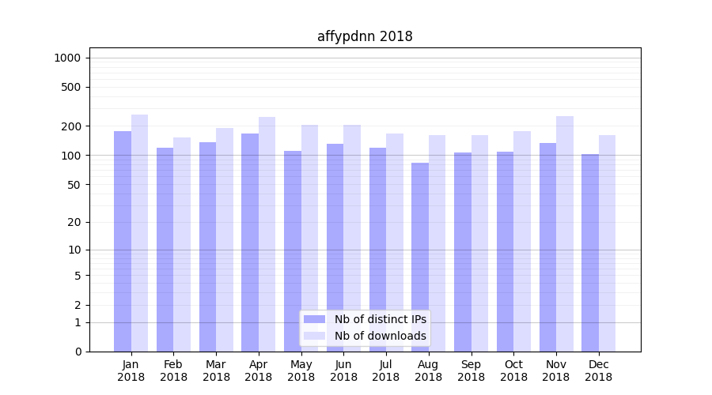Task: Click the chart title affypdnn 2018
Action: [365, 36]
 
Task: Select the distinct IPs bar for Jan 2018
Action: [123, 241]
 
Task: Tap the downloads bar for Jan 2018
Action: [140, 233]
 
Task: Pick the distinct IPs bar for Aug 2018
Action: [420, 257]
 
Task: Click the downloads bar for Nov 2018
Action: [565, 234]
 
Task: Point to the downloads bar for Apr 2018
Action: [267, 234]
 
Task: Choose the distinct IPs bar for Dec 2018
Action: [590, 253]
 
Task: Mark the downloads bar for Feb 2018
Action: [182, 244]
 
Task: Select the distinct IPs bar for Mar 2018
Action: [207, 246]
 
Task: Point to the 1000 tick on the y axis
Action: [67, 58]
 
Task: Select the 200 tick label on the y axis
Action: [71, 126]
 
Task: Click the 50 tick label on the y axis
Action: [74, 185]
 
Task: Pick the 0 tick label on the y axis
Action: [78, 352]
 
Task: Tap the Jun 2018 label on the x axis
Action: [343, 371]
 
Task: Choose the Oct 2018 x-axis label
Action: [513, 371]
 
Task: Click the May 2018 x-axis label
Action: [301, 371]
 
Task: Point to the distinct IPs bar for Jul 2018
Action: [377, 250]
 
